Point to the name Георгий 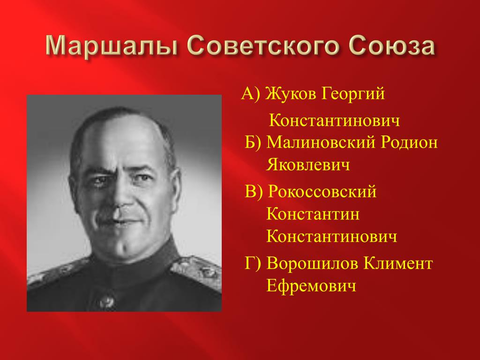pos(353,94)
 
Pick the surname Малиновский pos(321,142)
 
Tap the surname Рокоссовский pos(322,192)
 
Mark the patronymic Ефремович pos(311,286)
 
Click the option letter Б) pos(253,142)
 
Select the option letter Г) pos(253,264)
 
